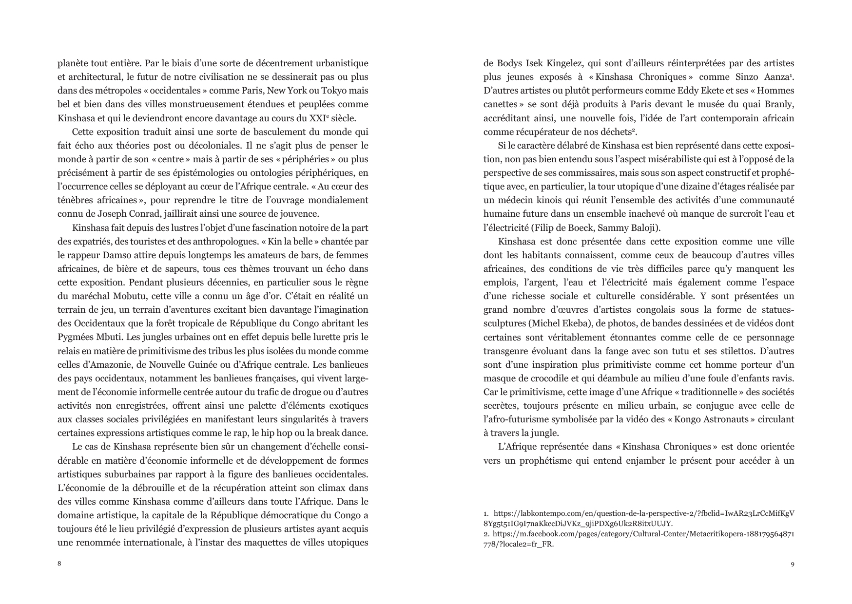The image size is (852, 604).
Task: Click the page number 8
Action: (x=59, y=564)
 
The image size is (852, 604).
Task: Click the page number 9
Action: (x=792, y=564)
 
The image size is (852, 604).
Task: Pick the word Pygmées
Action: (x=74, y=337)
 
